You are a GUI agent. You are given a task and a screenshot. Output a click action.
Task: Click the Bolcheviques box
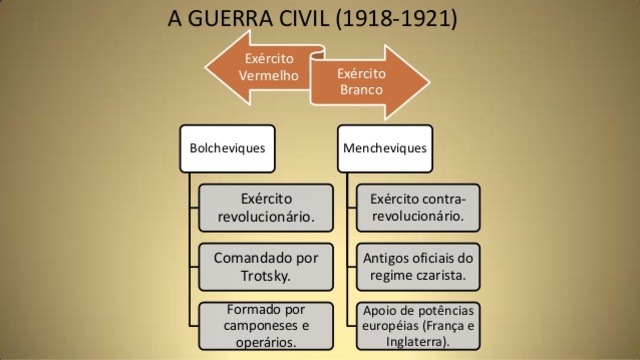228,148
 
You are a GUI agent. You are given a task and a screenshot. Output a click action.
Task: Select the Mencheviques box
384,148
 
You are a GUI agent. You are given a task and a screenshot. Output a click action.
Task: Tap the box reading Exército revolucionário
266,207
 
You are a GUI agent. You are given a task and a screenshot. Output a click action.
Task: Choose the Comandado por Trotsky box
266,265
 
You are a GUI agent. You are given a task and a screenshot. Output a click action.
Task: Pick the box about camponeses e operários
266,325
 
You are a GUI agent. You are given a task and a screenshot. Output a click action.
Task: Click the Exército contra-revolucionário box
417,207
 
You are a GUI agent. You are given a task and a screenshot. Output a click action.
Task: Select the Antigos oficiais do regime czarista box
417,265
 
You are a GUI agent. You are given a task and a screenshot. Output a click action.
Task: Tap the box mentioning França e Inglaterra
417,325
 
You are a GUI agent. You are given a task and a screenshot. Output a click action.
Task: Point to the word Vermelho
269,75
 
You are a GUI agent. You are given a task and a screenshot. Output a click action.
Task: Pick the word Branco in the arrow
361,90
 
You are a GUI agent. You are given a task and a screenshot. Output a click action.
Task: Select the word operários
266,342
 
